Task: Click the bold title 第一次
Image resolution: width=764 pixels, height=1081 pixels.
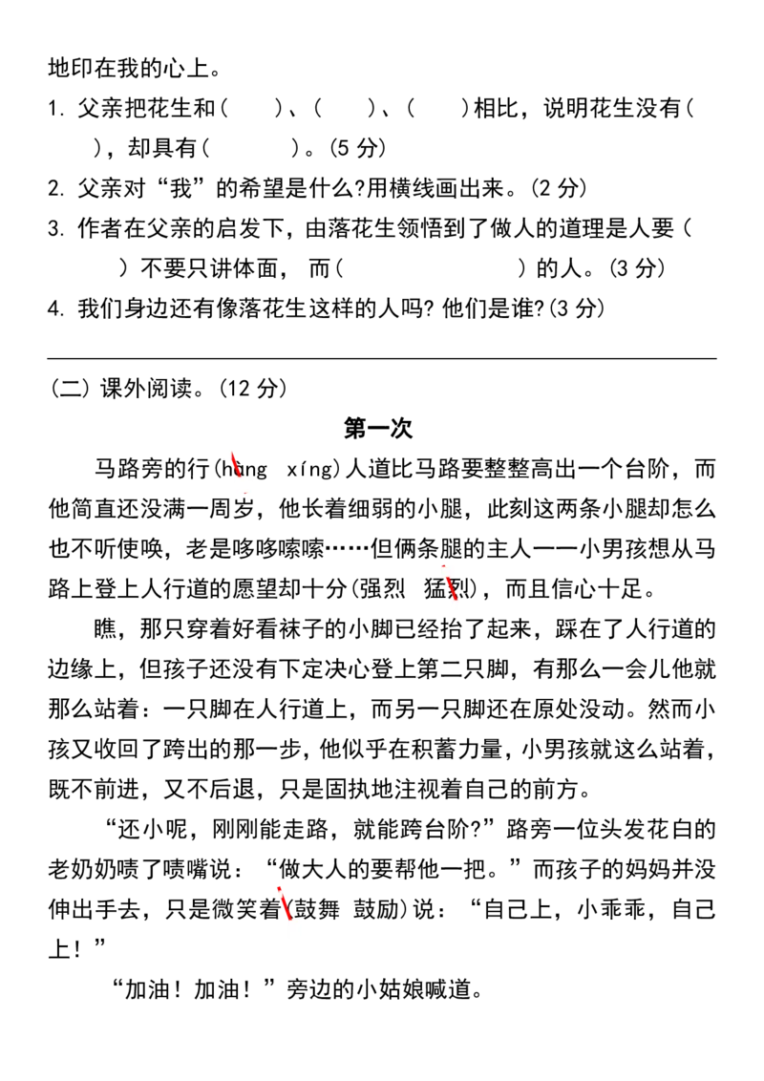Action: (x=378, y=428)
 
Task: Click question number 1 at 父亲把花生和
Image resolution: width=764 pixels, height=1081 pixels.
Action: (x=55, y=109)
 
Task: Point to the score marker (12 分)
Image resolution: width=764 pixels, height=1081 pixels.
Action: (x=252, y=388)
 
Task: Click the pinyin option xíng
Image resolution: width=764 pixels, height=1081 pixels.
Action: (x=309, y=470)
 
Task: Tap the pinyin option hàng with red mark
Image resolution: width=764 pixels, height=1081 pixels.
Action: (x=244, y=470)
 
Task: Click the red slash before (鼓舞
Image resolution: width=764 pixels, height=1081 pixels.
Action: (x=284, y=906)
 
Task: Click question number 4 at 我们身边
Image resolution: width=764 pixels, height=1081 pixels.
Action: (x=55, y=308)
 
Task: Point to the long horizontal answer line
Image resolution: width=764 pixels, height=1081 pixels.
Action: (x=381, y=358)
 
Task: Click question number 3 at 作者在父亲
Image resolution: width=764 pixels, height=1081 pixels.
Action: (x=55, y=229)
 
